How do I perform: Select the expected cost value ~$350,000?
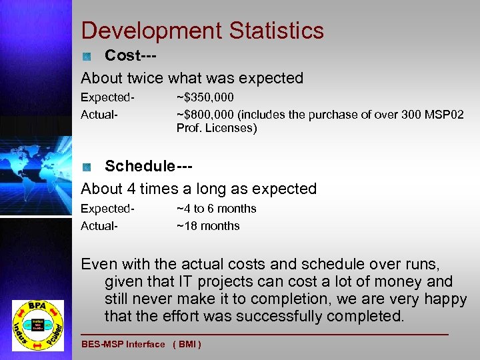point(205,97)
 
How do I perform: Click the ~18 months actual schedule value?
point(208,225)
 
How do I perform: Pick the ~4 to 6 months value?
point(216,209)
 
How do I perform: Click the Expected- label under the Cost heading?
point(107,97)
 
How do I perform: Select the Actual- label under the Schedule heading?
point(99,225)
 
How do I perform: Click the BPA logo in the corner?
point(38,324)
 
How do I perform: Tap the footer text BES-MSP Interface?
point(123,344)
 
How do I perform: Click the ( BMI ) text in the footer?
point(187,344)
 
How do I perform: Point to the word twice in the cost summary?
point(145,78)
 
